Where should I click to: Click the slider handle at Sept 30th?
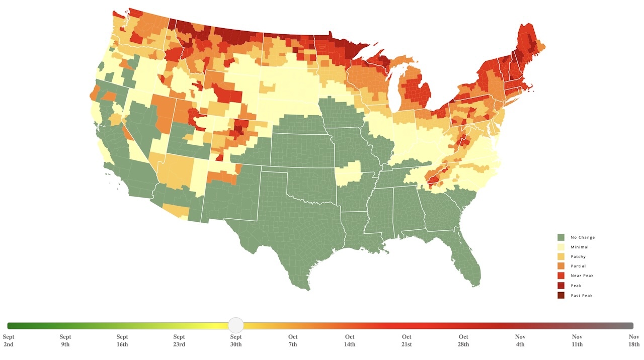[x=236, y=325]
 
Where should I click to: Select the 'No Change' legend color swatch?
[x=561, y=237]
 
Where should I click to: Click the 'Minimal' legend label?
[x=579, y=247]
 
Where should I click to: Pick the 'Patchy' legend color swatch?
[x=561, y=256]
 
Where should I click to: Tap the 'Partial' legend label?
[x=578, y=266]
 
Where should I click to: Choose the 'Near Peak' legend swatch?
[x=561, y=276]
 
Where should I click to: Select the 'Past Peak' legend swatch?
[x=561, y=295]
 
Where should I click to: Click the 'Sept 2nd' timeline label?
[x=9, y=340]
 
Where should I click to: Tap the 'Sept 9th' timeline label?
[x=65, y=340]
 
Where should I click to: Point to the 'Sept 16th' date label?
[x=122, y=340]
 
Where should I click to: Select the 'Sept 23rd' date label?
[x=179, y=340]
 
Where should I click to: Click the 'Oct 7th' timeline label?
[x=293, y=340]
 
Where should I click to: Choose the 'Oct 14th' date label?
[x=350, y=340]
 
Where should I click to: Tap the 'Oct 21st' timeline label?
[x=407, y=340]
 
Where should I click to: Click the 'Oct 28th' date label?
[x=463, y=340]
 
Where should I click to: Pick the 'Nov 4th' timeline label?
[x=520, y=340]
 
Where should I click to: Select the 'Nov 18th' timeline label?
[x=634, y=340]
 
